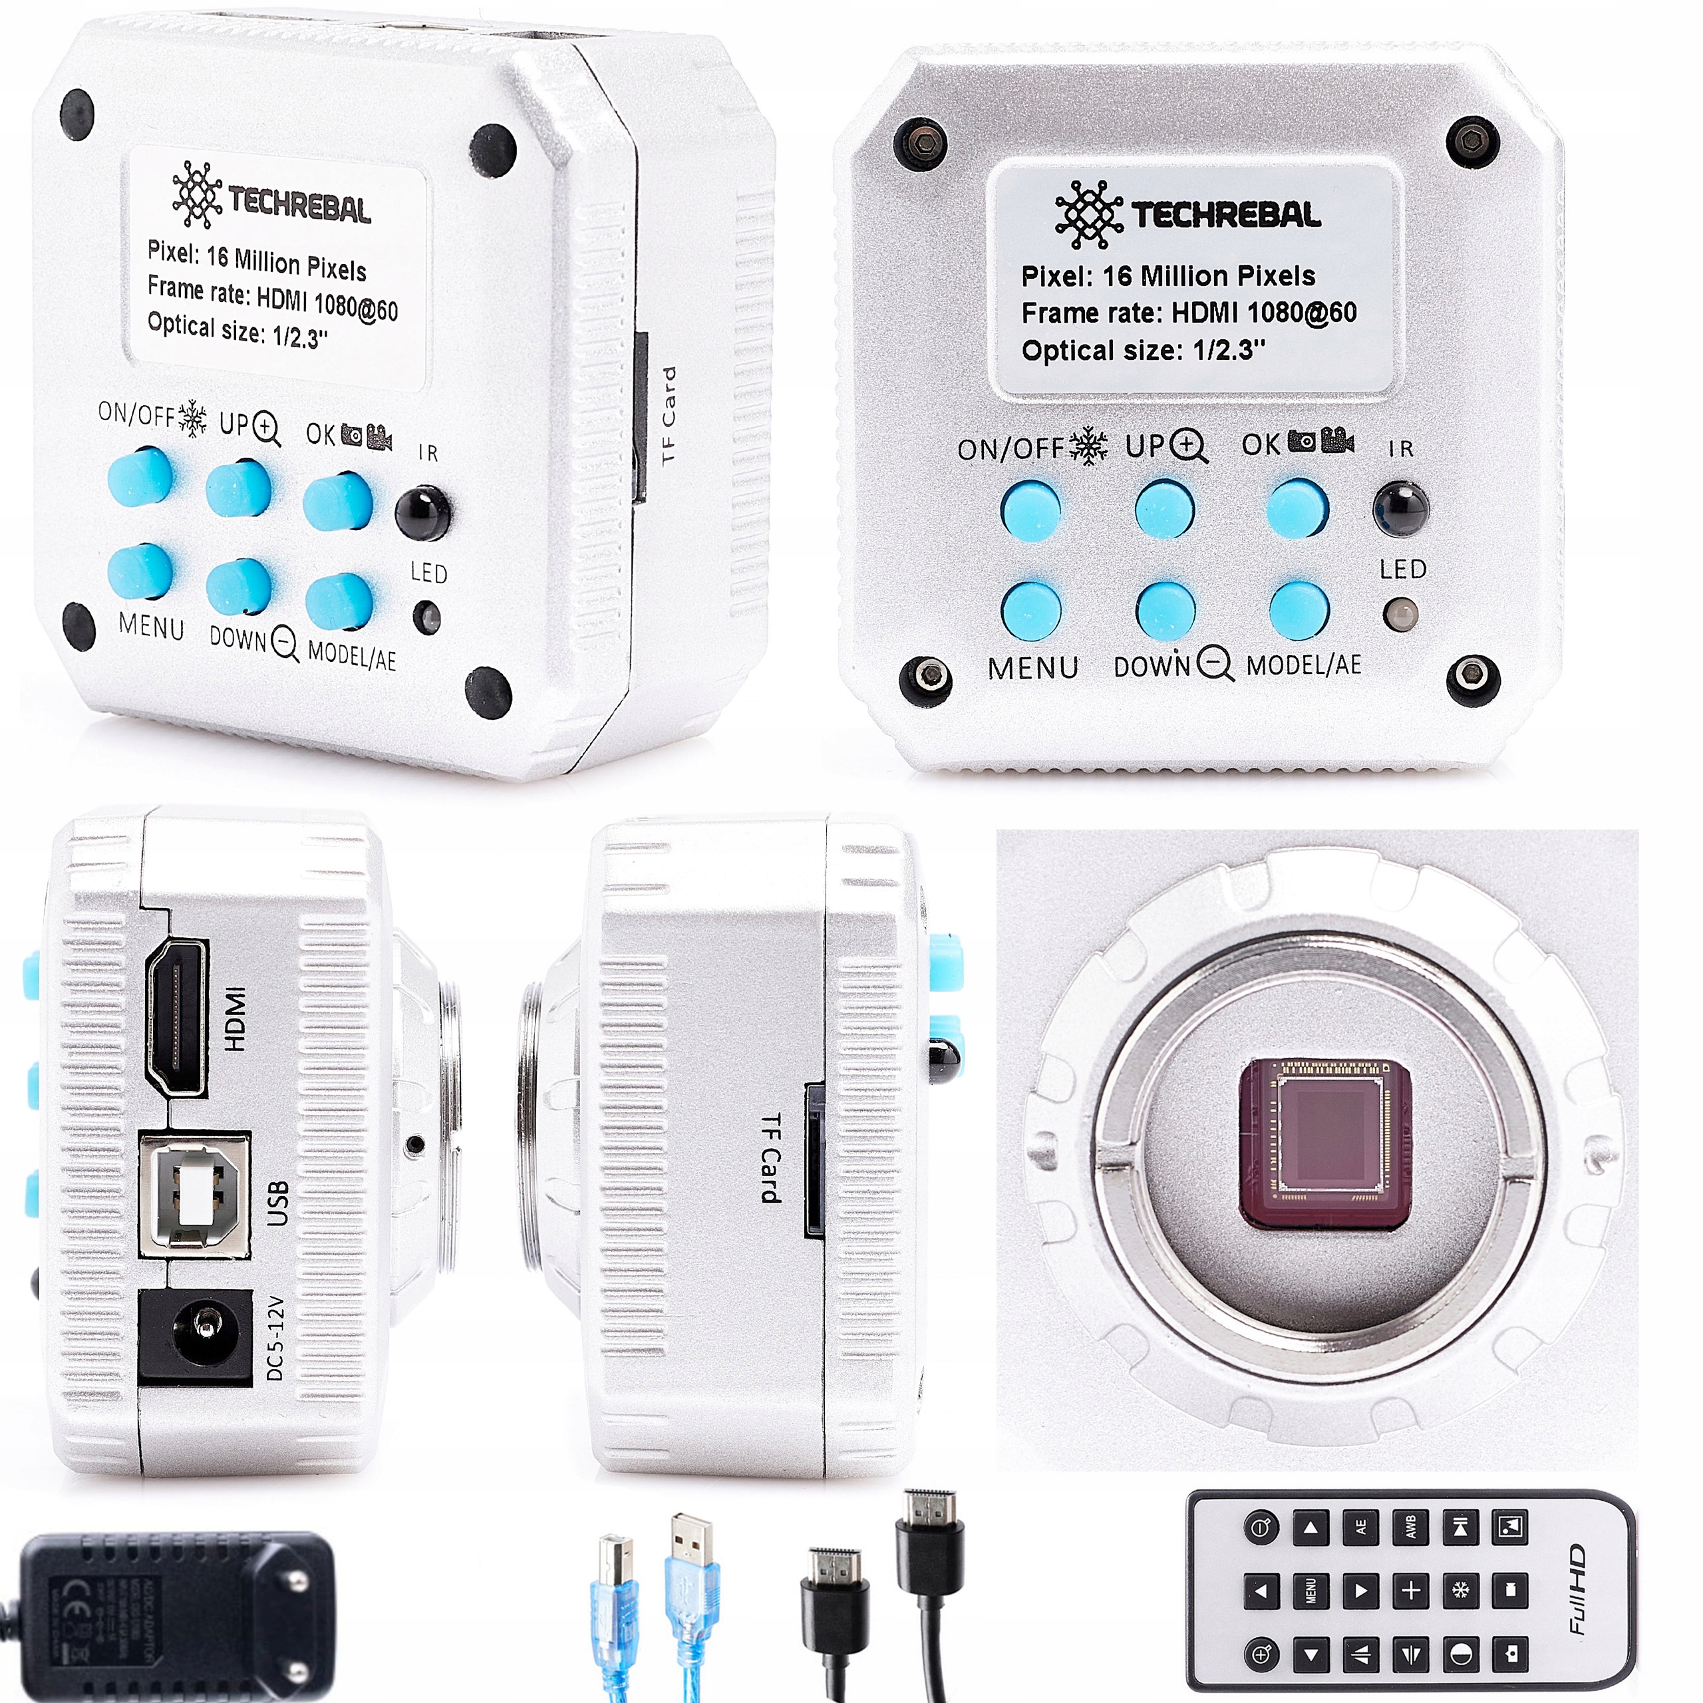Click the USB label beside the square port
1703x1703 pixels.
pyautogui.click(x=277, y=1203)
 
